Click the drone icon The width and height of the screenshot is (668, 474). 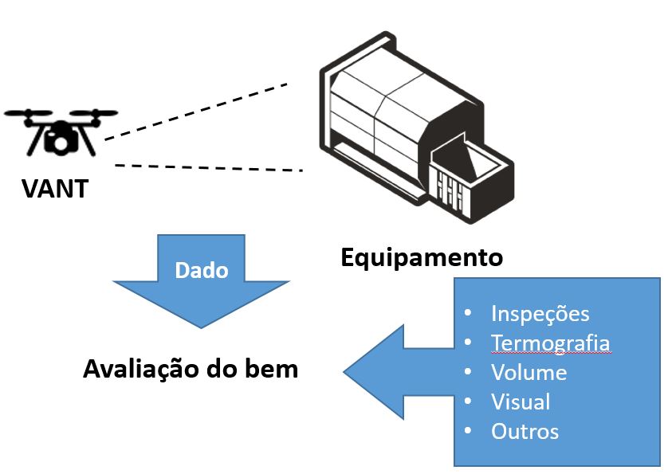click(x=61, y=131)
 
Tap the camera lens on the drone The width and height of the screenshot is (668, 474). click(x=61, y=142)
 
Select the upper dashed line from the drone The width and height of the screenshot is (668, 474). click(x=195, y=111)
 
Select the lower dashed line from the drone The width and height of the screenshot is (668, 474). click(x=209, y=167)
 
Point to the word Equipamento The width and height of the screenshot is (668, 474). click(x=422, y=257)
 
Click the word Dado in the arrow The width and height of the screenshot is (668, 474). click(x=201, y=270)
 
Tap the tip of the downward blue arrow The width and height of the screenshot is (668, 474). click(x=201, y=327)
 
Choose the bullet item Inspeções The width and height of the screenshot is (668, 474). click(x=540, y=312)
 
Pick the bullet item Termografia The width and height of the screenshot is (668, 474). click(x=550, y=343)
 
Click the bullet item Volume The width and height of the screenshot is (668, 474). click(x=529, y=372)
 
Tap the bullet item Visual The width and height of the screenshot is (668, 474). click(x=521, y=402)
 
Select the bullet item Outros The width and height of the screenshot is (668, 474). click(x=525, y=431)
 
